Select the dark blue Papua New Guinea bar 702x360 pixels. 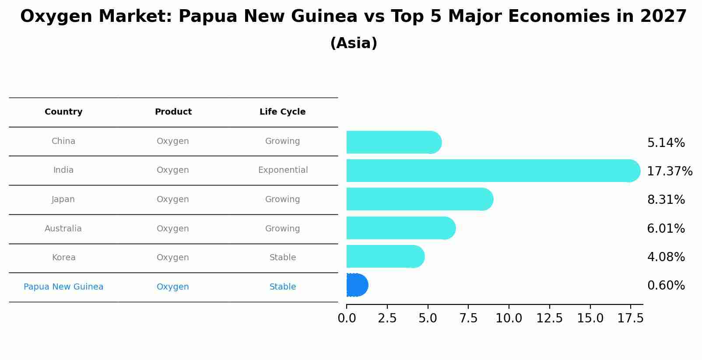point(357,285)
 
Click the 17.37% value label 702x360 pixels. point(669,171)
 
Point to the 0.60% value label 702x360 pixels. point(666,286)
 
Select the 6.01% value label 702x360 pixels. point(666,229)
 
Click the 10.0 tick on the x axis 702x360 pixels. point(509,318)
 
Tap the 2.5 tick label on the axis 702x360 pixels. point(387,318)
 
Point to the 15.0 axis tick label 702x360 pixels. point(590,318)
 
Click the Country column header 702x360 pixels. point(63,112)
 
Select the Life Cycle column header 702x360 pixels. point(282,112)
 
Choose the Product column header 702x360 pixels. point(173,112)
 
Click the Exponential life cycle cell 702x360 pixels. point(283,170)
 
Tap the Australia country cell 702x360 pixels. point(63,229)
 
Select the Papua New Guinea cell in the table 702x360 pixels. point(63,287)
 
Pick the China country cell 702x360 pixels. point(63,141)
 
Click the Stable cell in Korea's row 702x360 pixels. point(283,258)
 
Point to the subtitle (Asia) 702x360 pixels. point(354,43)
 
